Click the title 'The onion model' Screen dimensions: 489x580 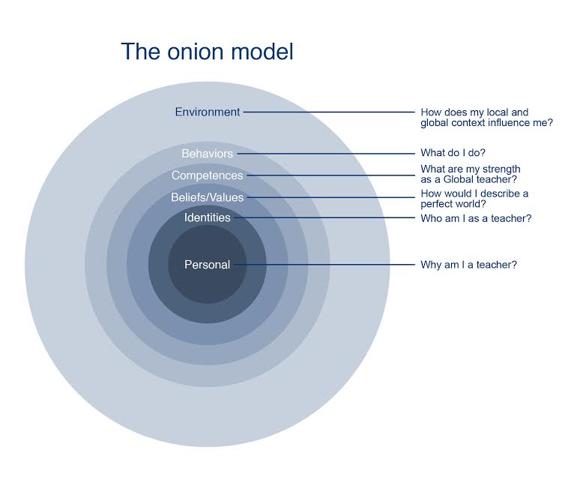tap(207, 52)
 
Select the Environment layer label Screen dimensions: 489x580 tap(208, 112)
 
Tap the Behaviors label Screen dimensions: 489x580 tap(207, 154)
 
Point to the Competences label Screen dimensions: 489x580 tap(207, 175)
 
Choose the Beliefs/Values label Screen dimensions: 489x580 tap(207, 198)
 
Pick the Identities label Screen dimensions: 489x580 tap(208, 217)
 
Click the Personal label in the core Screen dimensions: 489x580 tap(207, 265)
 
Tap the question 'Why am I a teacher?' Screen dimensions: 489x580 tap(469, 265)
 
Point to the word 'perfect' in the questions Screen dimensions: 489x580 tap(436, 203)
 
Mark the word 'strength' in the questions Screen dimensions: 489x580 tap(500, 169)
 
